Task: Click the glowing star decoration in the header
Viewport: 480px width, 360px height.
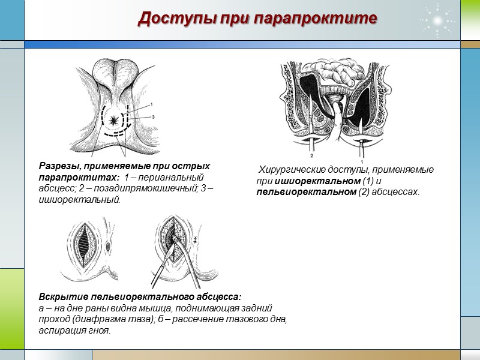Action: (x=438, y=20)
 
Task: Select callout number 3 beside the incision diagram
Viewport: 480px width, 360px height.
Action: (x=153, y=117)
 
